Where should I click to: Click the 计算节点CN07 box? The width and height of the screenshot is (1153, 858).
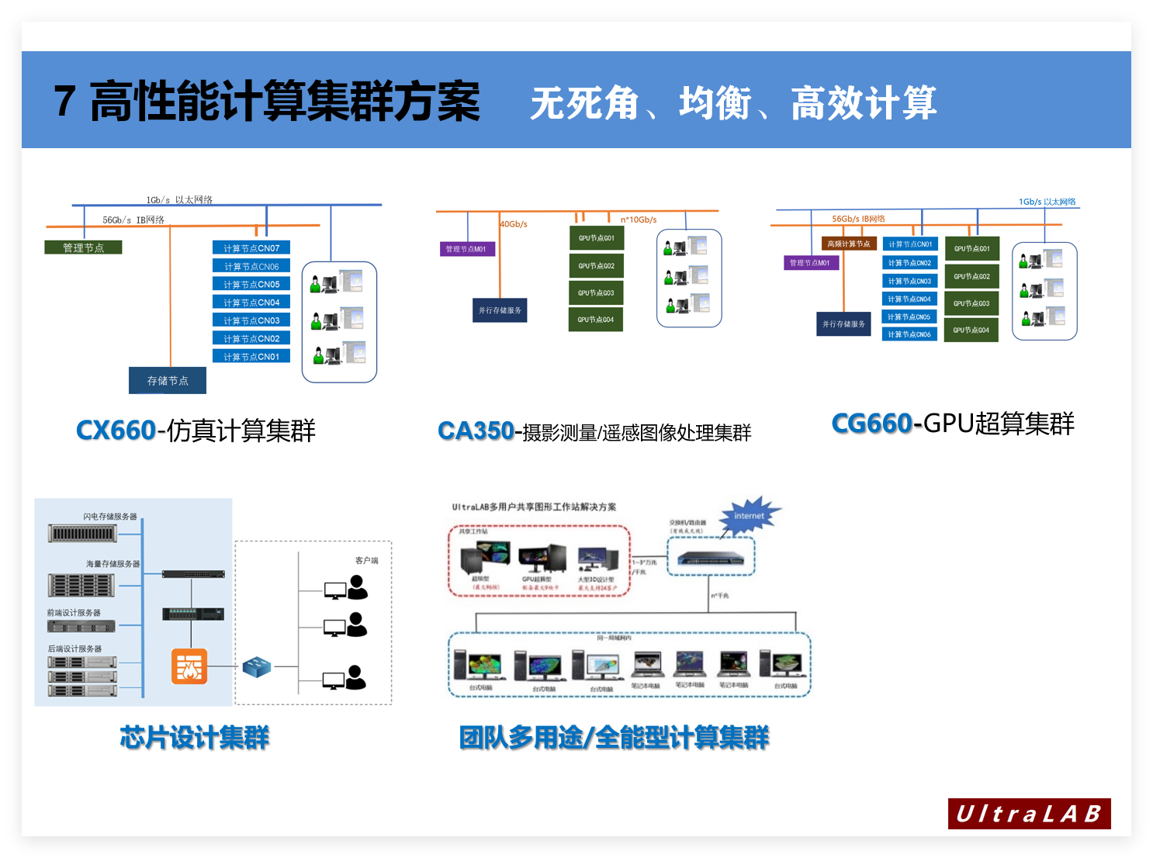251,248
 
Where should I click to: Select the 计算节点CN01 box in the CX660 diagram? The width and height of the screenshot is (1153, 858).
251,357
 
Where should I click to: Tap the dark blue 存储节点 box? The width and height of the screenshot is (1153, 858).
168,381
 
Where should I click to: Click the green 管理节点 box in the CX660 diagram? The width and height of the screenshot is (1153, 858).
83,247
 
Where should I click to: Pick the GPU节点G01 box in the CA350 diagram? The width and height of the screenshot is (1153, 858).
596,238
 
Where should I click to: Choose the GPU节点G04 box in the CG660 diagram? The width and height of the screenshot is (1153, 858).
971,330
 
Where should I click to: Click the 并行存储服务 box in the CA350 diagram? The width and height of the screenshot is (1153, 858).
500,310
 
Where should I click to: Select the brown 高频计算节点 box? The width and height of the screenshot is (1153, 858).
849,244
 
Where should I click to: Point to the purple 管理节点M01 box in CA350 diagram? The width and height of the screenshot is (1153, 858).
466,249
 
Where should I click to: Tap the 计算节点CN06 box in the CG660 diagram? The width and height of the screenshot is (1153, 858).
909,334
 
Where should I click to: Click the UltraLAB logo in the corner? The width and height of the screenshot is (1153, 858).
1029,814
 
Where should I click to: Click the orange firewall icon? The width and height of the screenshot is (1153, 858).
189,666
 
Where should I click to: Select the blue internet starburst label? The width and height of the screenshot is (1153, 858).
749,516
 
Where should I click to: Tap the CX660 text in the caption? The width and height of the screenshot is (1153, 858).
116,431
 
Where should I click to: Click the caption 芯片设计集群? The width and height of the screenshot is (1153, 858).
195,738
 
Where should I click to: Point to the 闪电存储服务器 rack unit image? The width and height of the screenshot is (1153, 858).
82,534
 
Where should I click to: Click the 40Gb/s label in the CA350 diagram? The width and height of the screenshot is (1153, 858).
514,224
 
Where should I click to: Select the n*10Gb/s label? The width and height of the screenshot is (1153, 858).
639,220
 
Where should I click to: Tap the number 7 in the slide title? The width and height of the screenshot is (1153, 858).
65,102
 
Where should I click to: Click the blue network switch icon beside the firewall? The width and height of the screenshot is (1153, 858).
256,666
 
